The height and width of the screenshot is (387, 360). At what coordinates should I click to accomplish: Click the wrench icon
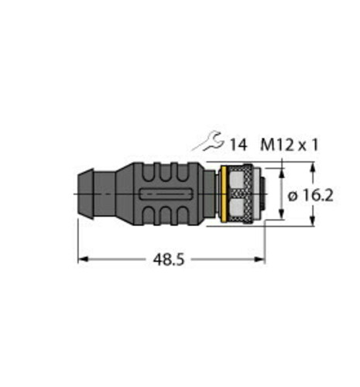coord(211,142)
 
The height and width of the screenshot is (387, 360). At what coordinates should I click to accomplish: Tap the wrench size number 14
coord(238,145)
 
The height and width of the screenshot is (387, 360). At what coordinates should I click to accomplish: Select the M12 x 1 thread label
coord(290,145)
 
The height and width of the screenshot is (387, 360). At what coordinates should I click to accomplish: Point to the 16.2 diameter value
coord(317,195)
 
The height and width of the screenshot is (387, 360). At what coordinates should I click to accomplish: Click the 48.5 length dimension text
coord(169,259)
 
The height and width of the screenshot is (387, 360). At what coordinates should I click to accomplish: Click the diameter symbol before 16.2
coord(293,197)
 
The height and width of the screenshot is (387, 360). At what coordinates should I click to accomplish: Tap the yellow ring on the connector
coord(224,193)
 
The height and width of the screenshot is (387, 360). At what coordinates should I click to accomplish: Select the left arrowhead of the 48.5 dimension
coord(83,259)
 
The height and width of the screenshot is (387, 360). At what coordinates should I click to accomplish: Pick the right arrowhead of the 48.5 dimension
coord(260,259)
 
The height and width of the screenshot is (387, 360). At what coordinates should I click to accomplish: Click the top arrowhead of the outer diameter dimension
coord(313,167)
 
